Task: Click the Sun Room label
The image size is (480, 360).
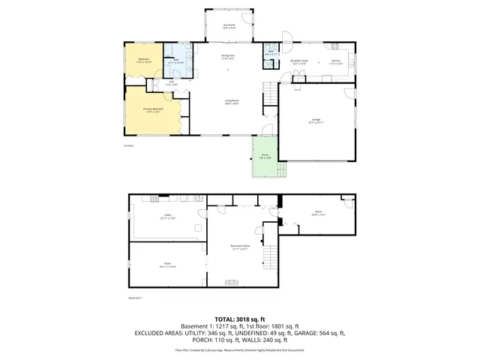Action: [x=229, y=26]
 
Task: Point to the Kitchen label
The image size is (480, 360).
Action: [x=336, y=62]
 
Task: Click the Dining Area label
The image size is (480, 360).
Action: [x=229, y=56]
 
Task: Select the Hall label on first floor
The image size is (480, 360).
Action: [x=170, y=82]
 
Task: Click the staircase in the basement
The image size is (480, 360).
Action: [x=270, y=259]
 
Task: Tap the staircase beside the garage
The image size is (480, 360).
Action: [x=270, y=94]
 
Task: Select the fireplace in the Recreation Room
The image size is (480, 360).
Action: [x=232, y=283]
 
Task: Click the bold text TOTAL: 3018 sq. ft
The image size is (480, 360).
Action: [x=240, y=319]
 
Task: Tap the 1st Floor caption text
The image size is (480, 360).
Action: [x=128, y=145]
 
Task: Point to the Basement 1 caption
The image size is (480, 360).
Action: [x=135, y=297]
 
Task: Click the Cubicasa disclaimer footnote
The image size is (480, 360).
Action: [x=240, y=350]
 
